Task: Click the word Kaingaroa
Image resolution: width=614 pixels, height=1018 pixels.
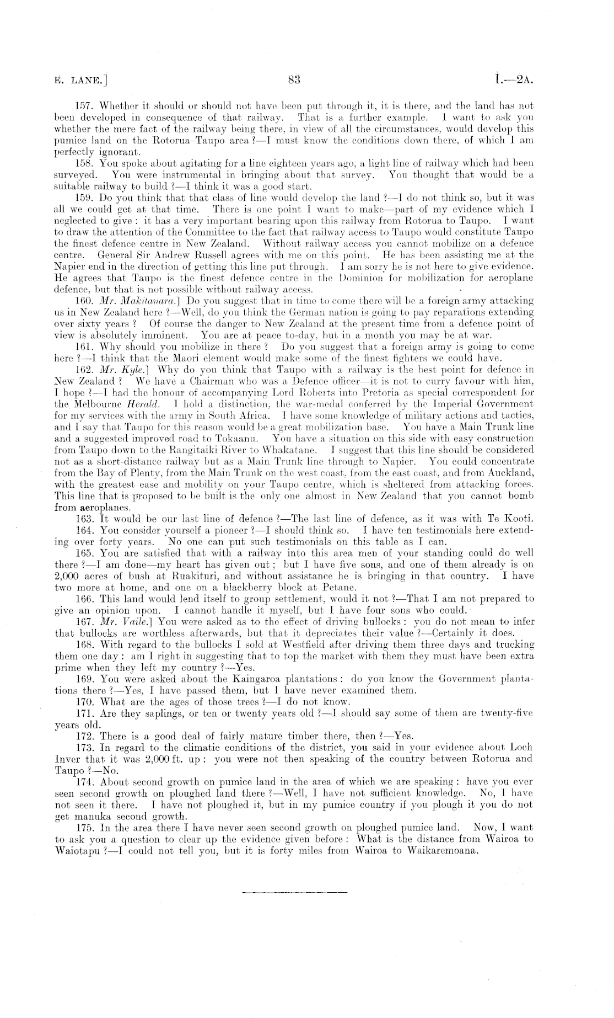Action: coord(258,679)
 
